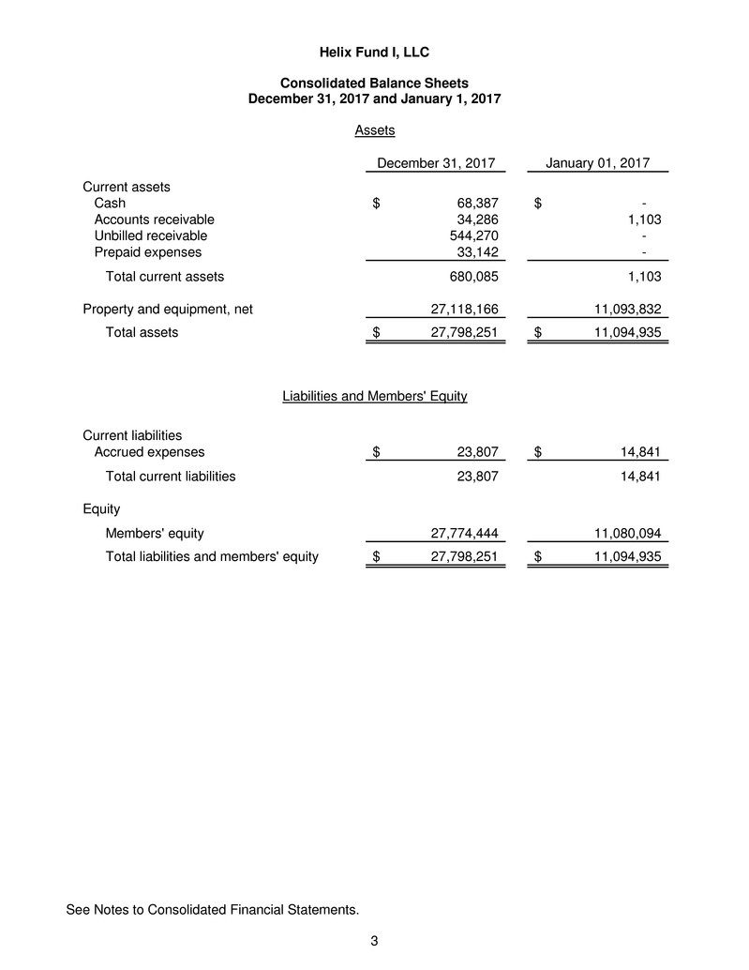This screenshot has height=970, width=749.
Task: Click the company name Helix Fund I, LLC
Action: [x=374, y=51]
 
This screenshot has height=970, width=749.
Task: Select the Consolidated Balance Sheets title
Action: [x=374, y=83]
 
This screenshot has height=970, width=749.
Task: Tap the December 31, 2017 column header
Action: [x=435, y=163]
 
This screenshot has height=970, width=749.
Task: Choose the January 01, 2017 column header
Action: [x=597, y=163]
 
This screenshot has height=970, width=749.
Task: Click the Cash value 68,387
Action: [x=475, y=203]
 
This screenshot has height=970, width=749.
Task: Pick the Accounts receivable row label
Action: [x=155, y=220]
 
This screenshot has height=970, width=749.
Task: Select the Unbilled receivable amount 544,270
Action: [x=472, y=235]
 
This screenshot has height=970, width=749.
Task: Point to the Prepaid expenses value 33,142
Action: [x=475, y=252]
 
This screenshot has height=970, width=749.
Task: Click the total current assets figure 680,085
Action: [x=472, y=277]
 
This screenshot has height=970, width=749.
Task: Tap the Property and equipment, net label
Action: [x=168, y=308]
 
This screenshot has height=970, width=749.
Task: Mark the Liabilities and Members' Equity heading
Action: [x=374, y=396]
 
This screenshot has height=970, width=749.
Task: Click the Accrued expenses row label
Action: [x=150, y=452]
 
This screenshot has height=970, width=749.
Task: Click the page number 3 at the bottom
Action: [x=374, y=941]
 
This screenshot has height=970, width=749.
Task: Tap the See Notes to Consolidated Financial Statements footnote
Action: [x=212, y=909]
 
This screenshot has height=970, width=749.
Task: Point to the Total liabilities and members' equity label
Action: [x=212, y=557]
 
